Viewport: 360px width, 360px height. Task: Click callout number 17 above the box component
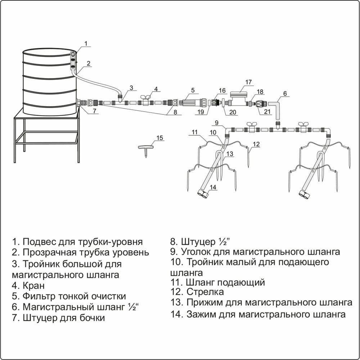248,82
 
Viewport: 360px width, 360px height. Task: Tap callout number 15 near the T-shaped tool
160,138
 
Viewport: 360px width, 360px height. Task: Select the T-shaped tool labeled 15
145,148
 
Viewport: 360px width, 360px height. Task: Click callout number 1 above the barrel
86,44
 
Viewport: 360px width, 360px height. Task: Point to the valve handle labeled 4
146,97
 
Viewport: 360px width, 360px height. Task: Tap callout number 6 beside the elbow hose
285,93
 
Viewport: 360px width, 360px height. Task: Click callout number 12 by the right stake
256,144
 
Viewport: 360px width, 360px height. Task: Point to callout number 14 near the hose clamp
213,187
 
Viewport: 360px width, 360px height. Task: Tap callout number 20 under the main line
233,112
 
